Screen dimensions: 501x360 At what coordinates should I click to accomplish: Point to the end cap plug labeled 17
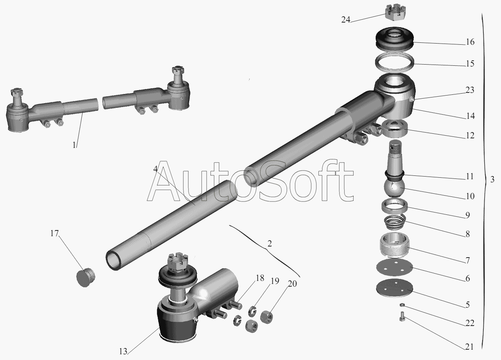pos(86,277)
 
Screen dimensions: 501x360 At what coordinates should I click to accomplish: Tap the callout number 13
pos(123,352)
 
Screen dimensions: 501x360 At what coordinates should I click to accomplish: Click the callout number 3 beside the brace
pos(492,179)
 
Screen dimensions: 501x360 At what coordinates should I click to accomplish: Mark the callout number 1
pos(74,145)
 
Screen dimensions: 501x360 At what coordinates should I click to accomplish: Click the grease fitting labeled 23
pos(412,100)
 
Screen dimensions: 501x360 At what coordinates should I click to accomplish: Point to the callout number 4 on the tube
pos(156,169)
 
